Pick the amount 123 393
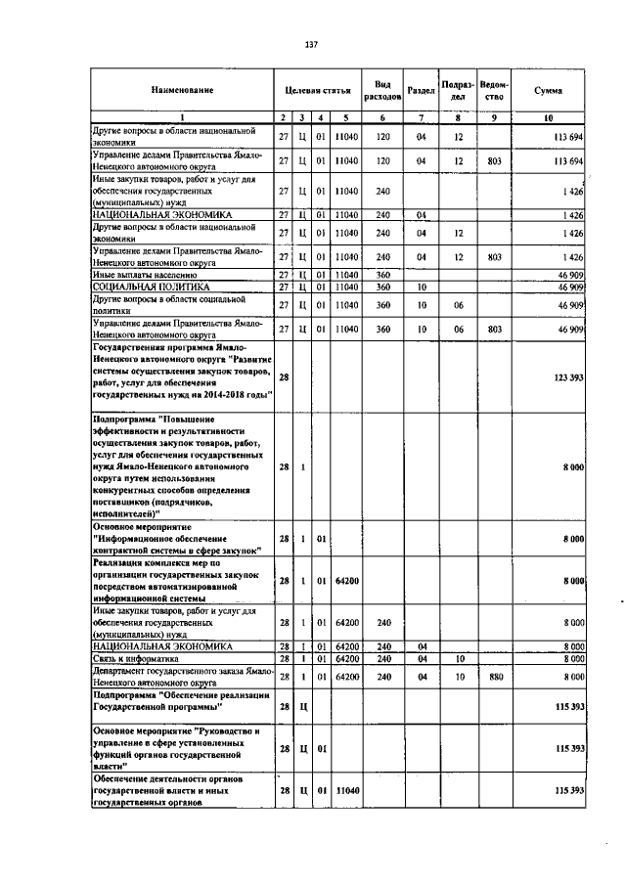[567, 376]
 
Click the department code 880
[495, 676]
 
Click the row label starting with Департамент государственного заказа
[176, 676]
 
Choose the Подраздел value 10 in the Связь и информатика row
[457, 660]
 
